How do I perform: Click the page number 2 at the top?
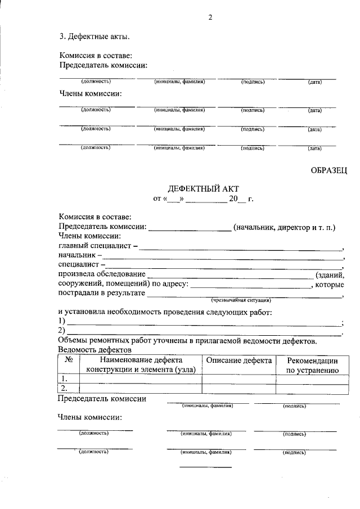coord(210,17)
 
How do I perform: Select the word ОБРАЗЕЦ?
coord(328,170)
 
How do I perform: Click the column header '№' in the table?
coord(68,361)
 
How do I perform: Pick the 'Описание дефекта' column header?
coord(238,361)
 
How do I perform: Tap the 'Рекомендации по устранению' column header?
coord(312,365)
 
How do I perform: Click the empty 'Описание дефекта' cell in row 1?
coord(238,379)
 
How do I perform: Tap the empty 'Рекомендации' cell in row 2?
coord(312,388)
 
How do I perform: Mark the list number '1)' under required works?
coord(62,321)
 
